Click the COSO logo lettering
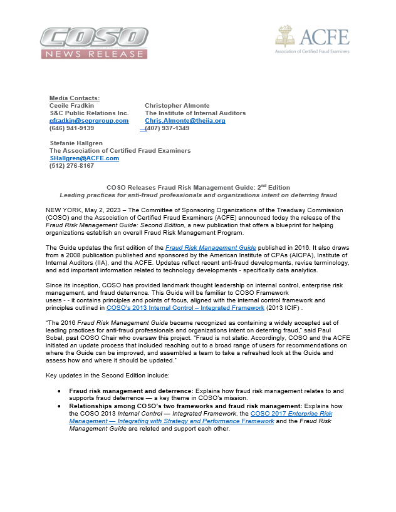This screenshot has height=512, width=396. tap(93, 37)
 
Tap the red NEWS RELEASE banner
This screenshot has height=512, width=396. tap(93, 54)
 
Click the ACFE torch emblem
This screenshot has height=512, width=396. tap(285, 37)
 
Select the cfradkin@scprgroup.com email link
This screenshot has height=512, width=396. tap(88, 121)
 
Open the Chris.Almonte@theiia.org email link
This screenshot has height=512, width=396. tap(185, 121)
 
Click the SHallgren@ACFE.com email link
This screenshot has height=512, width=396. tap(84, 158)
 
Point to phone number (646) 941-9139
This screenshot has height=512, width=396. tap(71, 128)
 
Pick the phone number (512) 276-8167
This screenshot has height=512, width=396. tap(71, 166)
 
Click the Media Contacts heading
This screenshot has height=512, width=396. tap(74, 98)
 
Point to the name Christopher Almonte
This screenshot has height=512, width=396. tap(177, 106)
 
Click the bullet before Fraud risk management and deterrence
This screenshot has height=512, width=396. tap(59, 390)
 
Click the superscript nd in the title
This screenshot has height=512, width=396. tap(264, 185)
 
